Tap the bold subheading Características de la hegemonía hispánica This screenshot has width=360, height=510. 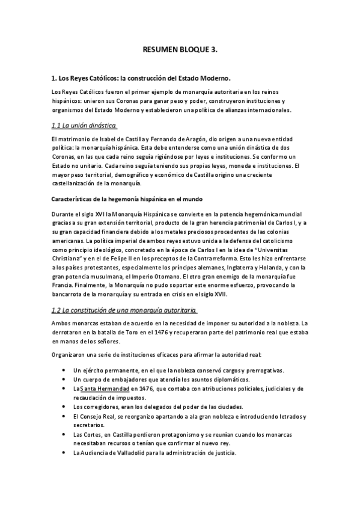point(127,198)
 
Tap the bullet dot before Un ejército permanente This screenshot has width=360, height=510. point(64,370)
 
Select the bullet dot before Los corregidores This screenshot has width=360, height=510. point(64,407)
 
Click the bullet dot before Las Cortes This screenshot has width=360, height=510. point(64,434)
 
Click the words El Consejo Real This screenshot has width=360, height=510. point(96,416)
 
